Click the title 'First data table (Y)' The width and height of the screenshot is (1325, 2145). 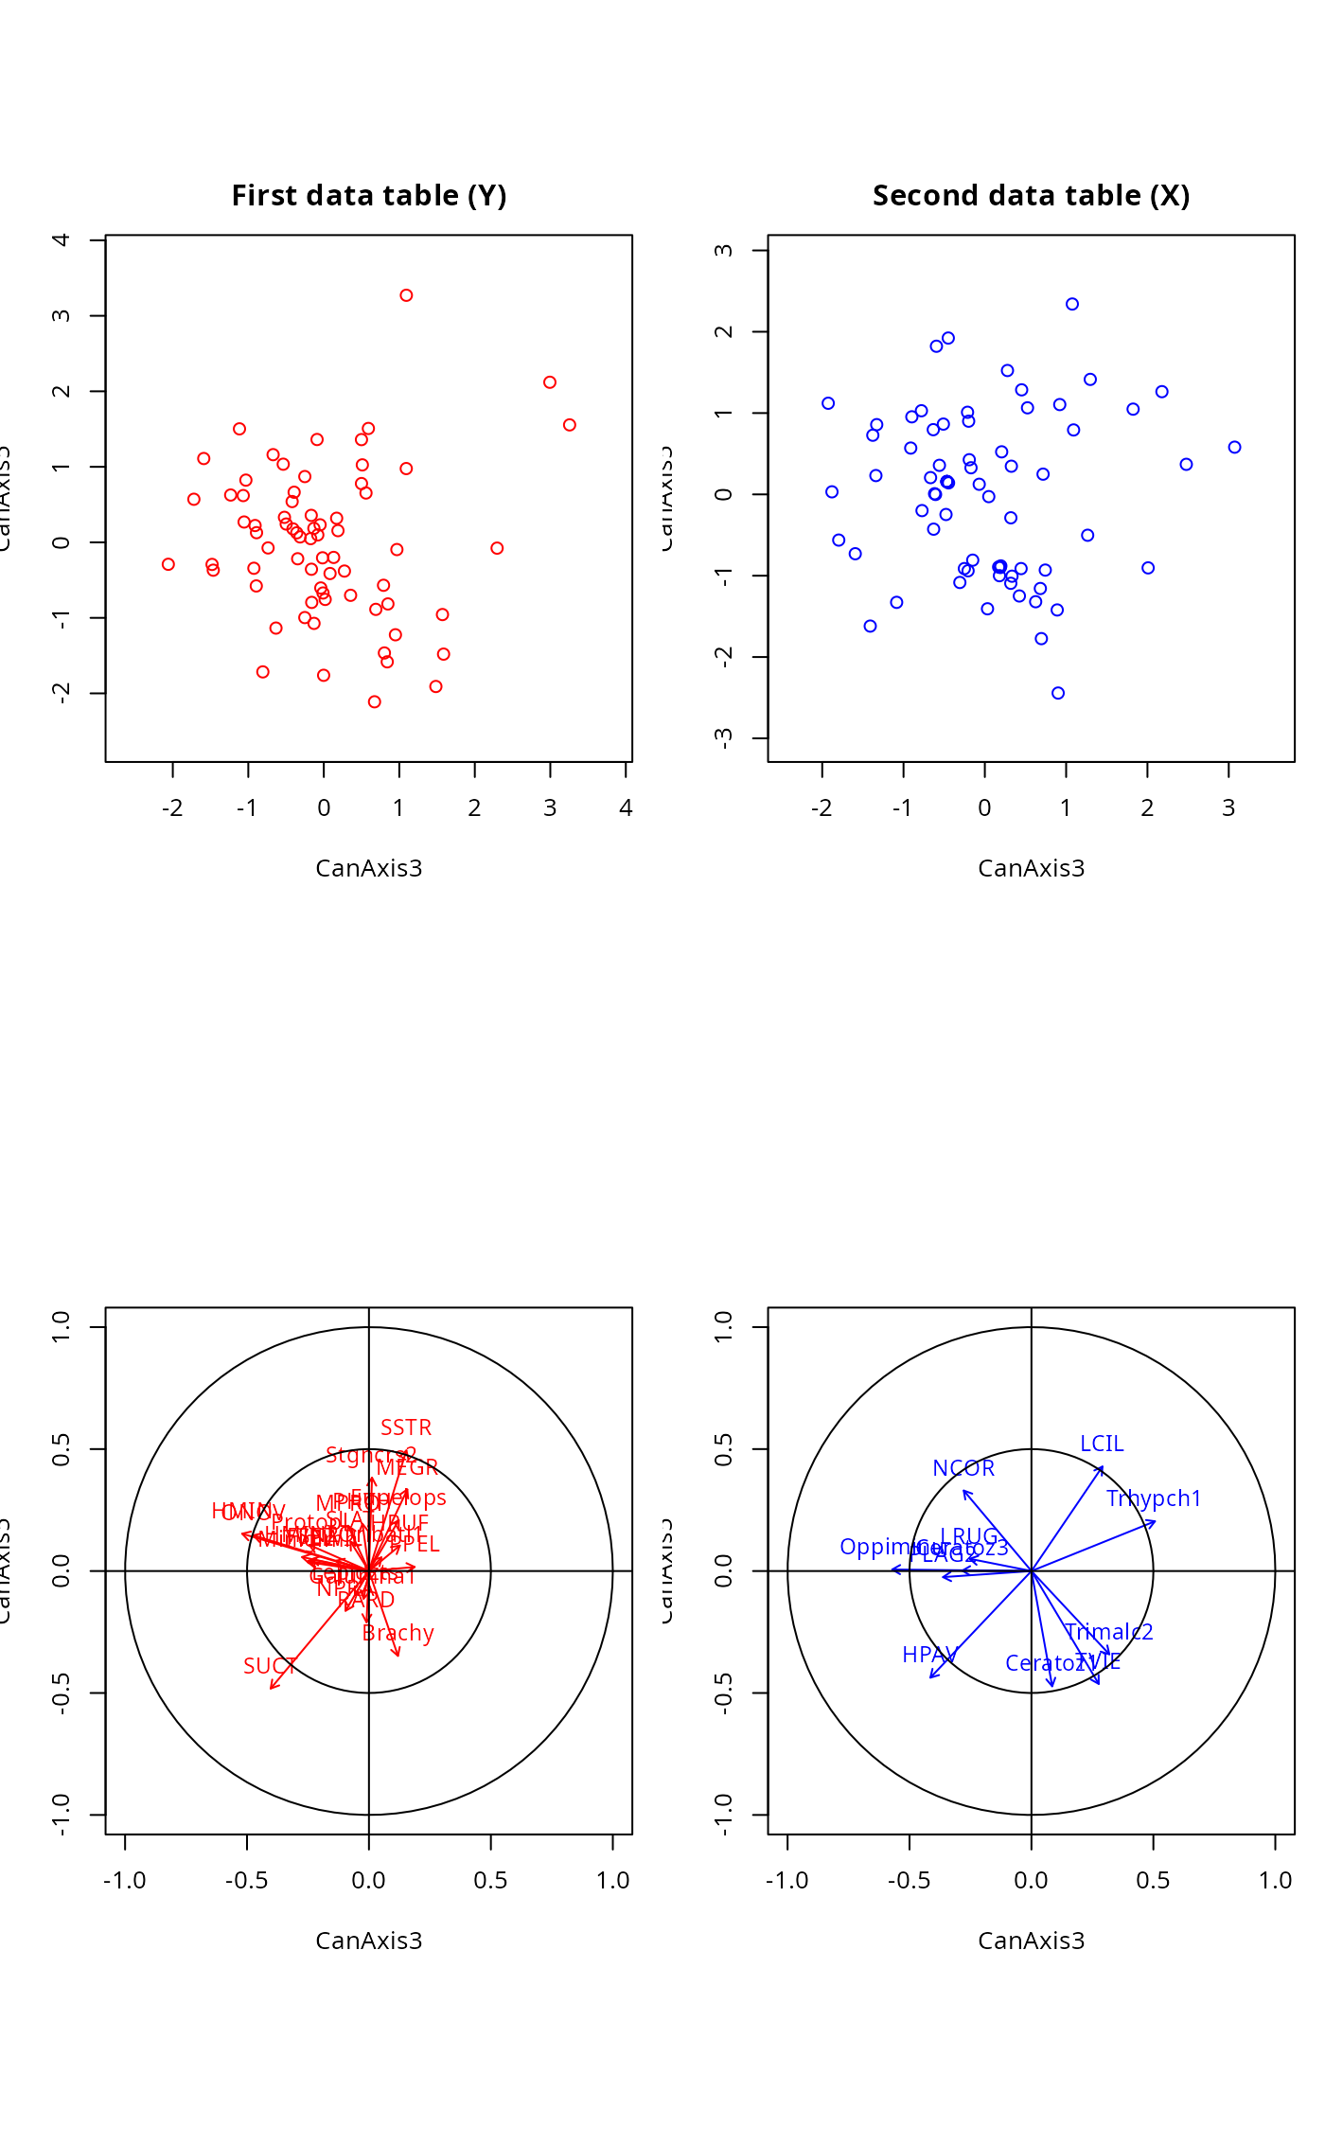(x=369, y=196)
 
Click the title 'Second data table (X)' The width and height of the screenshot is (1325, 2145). (x=1031, y=196)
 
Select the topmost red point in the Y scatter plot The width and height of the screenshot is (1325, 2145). (x=406, y=295)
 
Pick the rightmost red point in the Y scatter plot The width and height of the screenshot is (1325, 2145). (x=570, y=425)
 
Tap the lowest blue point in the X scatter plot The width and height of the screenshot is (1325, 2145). (x=1058, y=693)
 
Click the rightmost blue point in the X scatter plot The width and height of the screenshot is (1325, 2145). (x=1234, y=448)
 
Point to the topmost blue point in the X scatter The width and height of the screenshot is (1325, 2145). (x=1072, y=304)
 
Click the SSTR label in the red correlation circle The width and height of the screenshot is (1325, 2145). (x=406, y=1427)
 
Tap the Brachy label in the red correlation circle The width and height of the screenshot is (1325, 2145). (x=397, y=1633)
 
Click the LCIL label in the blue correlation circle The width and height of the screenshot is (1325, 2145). (x=1102, y=1444)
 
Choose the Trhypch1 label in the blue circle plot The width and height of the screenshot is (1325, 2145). (x=1154, y=1498)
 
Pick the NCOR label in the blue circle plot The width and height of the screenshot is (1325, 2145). (x=963, y=1468)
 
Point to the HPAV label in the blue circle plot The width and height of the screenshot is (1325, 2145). (x=929, y=1655)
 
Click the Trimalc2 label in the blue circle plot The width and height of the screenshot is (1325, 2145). (x=1108, y=1632)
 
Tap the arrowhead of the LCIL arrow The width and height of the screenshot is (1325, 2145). (x=1103, y=1466)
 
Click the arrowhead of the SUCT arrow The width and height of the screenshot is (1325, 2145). (x=272, y=1688)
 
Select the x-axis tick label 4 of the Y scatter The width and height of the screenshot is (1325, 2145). (x=626, y=808)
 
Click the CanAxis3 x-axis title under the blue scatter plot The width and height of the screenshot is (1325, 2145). (x=1031, y=868)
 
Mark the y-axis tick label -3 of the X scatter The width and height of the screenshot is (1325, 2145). (x=725, y=737)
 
